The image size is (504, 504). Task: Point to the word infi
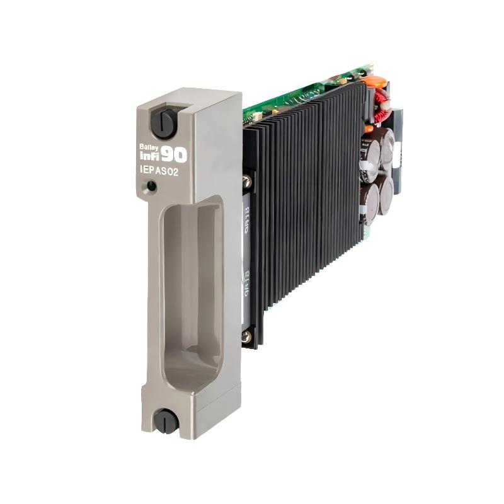point(149,155)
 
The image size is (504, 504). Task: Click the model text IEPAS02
point(160,171)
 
